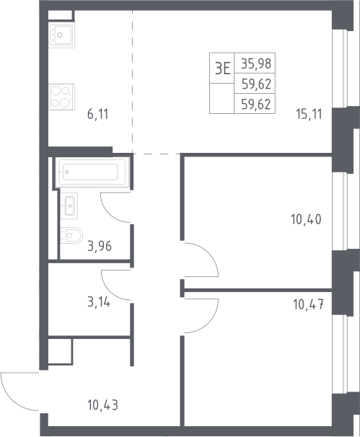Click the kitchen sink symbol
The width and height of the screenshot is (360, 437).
click(61, 35)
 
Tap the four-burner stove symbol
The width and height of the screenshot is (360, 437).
click(61, 97)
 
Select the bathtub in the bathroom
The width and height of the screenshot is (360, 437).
click(92, 172)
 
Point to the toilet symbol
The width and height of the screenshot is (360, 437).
click(71, 236)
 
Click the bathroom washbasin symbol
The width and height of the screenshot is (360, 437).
click(69, 206)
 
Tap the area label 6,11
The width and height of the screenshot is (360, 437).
click(97, 114)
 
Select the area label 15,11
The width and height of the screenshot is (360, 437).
click(309, 114)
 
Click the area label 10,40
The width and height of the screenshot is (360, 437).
click(306, 219)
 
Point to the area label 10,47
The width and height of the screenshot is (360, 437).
click(308, 304)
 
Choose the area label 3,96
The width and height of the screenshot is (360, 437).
click(100, 246)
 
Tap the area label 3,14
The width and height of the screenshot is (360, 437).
click(99, 302)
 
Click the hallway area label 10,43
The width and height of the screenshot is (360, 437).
click(102, 405)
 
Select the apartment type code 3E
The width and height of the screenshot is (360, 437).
click(222, 69)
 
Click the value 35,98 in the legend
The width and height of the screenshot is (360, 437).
click(256, 63)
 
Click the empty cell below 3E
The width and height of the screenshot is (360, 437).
click(221, 98)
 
